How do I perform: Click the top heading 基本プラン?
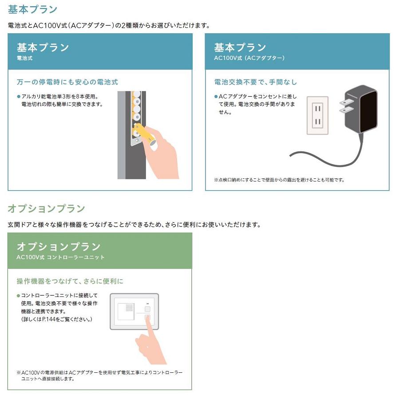pyautogui.click(x=33, y=9)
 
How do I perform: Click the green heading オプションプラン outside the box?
pyautogui.click(x=46, y=208)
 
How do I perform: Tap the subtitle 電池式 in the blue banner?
pyautogui.click(x=25, y=58)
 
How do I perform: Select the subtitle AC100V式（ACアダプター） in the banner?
pyautogui.click(x=249, y=58)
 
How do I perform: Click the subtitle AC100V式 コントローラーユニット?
pyautogui.click(x=61, y=257)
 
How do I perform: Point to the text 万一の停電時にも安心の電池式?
pyautogui.click(x=67, y=82)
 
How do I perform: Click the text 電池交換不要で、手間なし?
pyautogui.click(x=256, y=82)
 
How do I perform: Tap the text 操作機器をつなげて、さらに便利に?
pyautogui.click(x=70, y=281)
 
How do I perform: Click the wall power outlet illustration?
pyautogui.click(x=317, y=115)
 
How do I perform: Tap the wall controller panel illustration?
pyautogui.click(x=134, y=311)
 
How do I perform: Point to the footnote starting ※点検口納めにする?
pyautogui.click(x=279, y=180)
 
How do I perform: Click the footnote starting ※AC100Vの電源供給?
pyautogui.click(x=99, y=375)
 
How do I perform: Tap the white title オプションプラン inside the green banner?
pyautogui.click(x=59, y=246)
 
